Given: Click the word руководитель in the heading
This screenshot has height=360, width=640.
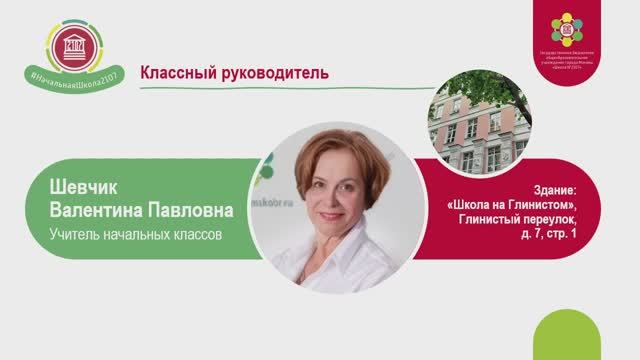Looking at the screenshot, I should pos(270,73).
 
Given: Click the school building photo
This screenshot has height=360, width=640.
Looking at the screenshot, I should pos(479,130).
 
